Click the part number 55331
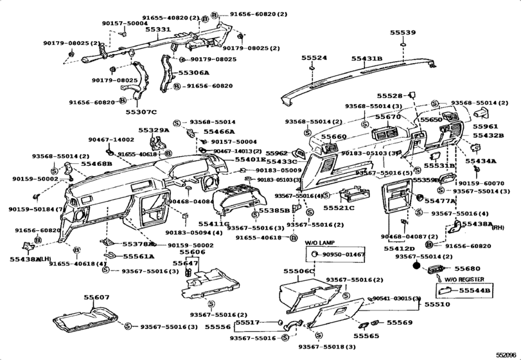[157, 30]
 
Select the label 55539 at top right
[403, 32]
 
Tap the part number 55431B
[366, 59]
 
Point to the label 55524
[314, 58]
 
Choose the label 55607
[96, 297]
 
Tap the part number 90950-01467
[343, 255]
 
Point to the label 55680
[467, 268]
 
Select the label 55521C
[338, 208]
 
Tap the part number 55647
[184, 263]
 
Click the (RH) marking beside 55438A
[498, 228]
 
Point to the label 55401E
[250, 159]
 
